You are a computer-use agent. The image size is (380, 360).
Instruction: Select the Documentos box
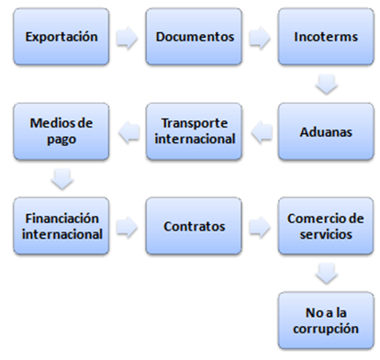point(195,39)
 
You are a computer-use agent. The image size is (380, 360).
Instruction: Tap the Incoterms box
point(327,39)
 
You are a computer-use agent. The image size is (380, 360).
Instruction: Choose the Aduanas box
point(327,131)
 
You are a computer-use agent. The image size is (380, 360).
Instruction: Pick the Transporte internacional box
point(195,131)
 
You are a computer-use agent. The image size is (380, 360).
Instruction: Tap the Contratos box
point(195,224)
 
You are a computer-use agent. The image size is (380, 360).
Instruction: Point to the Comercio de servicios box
point(327,224)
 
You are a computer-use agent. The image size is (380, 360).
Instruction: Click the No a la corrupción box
point(327,318)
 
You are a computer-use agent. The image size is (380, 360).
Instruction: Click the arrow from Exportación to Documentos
point(129,39)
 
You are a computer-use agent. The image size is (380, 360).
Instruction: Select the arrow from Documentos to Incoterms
point(261,39)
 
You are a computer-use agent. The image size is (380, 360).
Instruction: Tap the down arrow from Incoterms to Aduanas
point(327,85)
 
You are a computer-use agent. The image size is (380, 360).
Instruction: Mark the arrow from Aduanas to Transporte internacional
point(261,131)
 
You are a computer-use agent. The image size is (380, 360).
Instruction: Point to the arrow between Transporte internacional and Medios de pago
point(129,131)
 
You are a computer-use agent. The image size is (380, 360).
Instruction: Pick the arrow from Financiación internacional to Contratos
point(129,224)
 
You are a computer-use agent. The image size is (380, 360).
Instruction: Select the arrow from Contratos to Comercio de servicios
point(261,224)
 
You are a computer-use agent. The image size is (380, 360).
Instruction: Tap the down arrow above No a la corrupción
point(327,271)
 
